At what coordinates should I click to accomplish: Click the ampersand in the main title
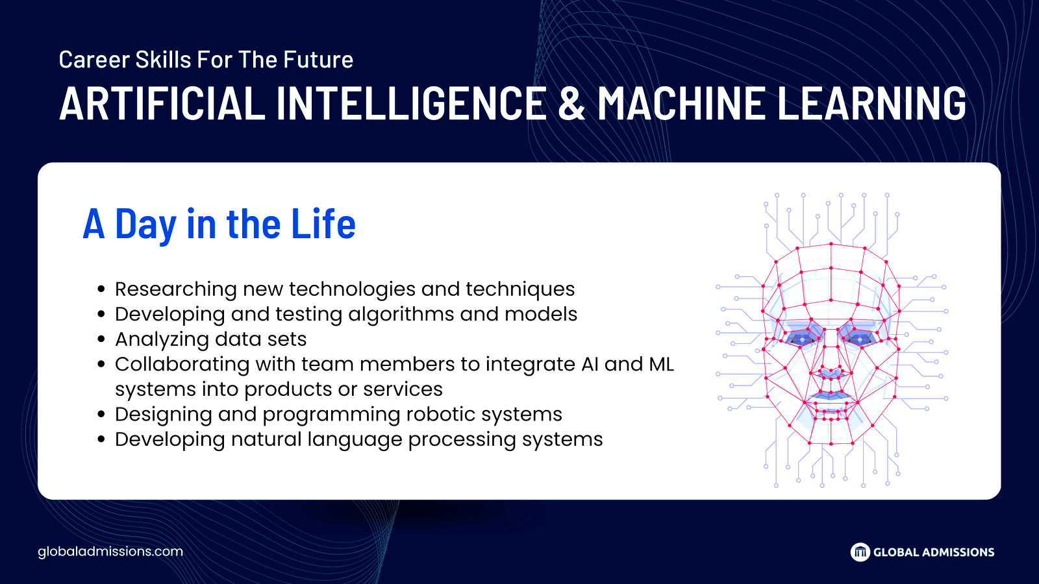(571, 103)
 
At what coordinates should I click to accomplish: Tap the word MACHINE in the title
(681, 103)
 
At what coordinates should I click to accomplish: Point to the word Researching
(176, 289)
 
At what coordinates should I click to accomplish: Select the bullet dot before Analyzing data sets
(101, 339)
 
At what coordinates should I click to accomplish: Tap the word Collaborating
(182, 365)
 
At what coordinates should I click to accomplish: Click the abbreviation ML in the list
(661, 364)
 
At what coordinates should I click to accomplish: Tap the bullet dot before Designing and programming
(101, 415)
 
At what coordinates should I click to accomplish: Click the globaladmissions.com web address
(110, 552)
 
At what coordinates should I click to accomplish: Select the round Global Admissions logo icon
(860, 552)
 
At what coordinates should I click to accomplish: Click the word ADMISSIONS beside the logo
(958, 552)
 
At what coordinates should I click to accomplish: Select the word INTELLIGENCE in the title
(411, 103)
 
